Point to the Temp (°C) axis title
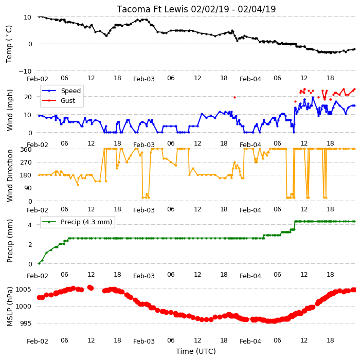[x=9, y=44]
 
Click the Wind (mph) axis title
[x=9, y=110]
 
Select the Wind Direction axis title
[x=9, y=175]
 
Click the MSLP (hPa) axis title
[x=9, y=307]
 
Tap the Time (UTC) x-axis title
[x=196, y=351]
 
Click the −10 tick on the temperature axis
[x=25, y=71]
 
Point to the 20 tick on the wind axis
[x=28, y=97]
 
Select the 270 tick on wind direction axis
[x=26, y=163]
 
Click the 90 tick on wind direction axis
[x=28, y=188]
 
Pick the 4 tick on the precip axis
[x=30, y=225]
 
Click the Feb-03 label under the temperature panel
[x=144, y=79]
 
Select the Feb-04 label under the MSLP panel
[x=250, y=341]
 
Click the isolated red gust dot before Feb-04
[x=234, y=97]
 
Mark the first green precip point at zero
[x=39, y=263]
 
